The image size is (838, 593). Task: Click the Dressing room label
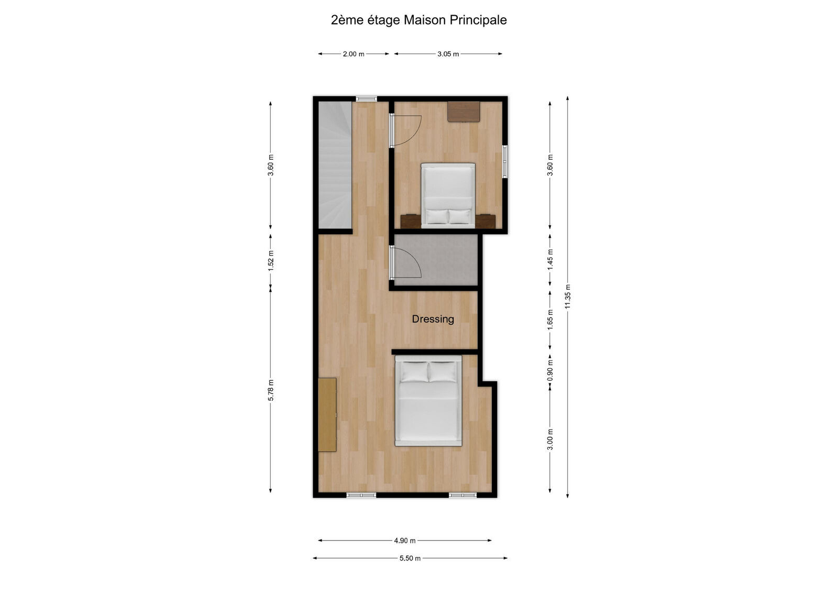(433, 319)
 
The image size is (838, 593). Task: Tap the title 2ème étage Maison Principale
(418, 20)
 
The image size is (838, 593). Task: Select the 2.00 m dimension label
(354, 54)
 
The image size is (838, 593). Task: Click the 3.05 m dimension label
(448, 54)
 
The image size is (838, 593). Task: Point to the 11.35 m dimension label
(568, 296)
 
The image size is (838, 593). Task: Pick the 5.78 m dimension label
(271, 390)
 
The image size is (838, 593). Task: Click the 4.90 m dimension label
(405, 541)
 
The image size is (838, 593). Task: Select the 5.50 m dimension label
(410, 558)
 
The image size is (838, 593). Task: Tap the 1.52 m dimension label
(271, 260)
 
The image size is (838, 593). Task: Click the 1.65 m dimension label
(550, 320)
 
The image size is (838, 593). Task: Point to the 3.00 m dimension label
(550, 439)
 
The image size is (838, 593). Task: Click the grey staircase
(335, 165)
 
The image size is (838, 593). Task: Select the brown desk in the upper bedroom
(464, 111)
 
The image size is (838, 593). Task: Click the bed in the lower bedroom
(428, 401)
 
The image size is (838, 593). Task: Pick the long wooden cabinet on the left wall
(327, 414)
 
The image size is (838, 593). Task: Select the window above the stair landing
(366, 98)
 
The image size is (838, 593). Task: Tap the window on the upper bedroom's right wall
(505, 161)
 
